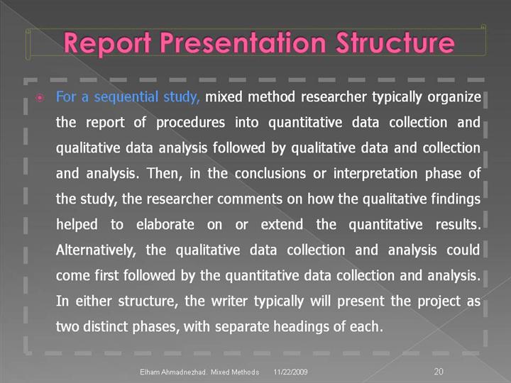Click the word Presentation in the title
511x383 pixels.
[x=243, y=43]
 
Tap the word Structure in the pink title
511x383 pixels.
[x=395, y=43]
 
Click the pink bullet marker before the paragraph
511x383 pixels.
[x=40, y=98]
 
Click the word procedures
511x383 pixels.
[x=190, y=123]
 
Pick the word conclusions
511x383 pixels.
[x=270, y=173]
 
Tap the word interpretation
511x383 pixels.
[x=375, y=174]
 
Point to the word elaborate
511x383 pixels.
[x=165, y=224]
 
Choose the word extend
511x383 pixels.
[x=282, y=224]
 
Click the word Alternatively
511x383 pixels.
[x=96, y=250]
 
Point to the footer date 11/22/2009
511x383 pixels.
[x=290, y=372]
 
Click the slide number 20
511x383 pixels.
[x=439, y=371]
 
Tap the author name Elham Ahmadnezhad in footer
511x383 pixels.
[x=173, y=372]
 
